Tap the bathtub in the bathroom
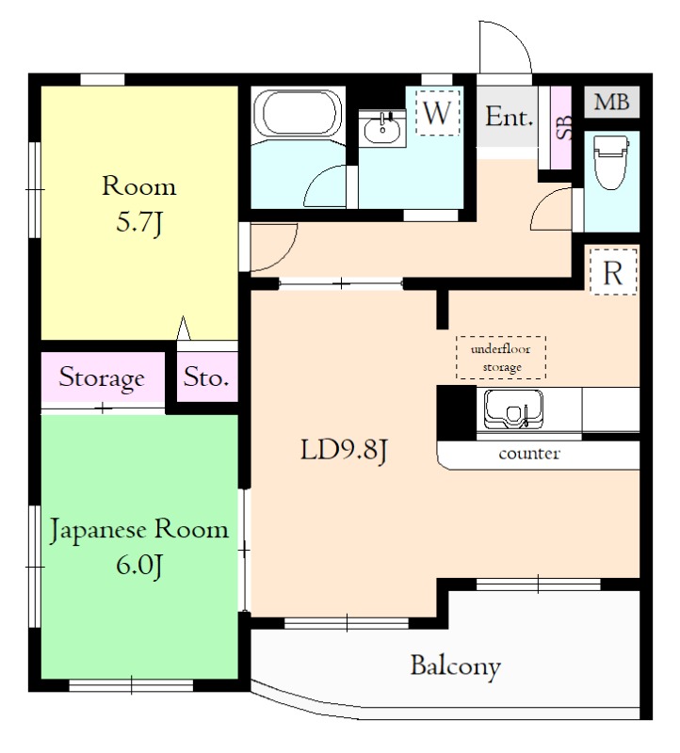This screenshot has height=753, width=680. pos(298,114)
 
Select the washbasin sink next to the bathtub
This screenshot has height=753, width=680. pos(382,127)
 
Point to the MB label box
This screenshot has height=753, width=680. pos(612,102)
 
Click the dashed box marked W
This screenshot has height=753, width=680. pos(437,113)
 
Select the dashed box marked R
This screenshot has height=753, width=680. pos(613,272)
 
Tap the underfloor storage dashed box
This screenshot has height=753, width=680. pos(501,358)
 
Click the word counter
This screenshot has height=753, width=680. pos(529,454)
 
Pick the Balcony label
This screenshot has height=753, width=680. pos(456,666)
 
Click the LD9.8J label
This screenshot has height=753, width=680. pos(344,451)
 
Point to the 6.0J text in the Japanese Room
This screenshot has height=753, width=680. pos(139,566)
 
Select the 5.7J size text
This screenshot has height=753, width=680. pos(139,223)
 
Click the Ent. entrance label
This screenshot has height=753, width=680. pos(509,117)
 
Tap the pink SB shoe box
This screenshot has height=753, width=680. pos(560,128)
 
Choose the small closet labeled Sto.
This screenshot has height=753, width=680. pos(207,377)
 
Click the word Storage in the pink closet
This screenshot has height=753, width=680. pos(102,378)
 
